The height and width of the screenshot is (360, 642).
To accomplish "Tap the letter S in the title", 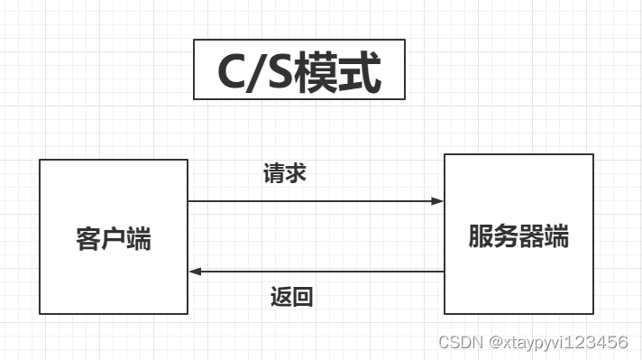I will [288, 72].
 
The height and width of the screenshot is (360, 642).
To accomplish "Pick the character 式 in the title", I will [363, 72].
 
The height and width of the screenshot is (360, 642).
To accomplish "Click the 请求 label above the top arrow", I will [286, 173].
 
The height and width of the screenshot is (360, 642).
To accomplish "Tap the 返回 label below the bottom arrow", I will [292, 297].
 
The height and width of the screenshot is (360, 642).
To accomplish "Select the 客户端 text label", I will [113, 240].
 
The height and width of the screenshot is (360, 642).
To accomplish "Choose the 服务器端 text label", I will [518, 236].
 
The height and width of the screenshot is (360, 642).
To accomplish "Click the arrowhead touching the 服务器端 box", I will [438, 201].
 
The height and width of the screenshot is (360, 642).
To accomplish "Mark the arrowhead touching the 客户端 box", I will [195, 272].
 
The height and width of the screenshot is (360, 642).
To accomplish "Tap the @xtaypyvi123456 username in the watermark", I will [558, 342].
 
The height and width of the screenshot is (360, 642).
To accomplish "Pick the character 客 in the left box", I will [87, 240].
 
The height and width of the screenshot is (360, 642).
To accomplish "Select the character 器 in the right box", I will [531, 236].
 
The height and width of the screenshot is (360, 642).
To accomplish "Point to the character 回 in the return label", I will [303, 297].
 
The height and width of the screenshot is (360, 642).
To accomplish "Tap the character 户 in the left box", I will [113, 240].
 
